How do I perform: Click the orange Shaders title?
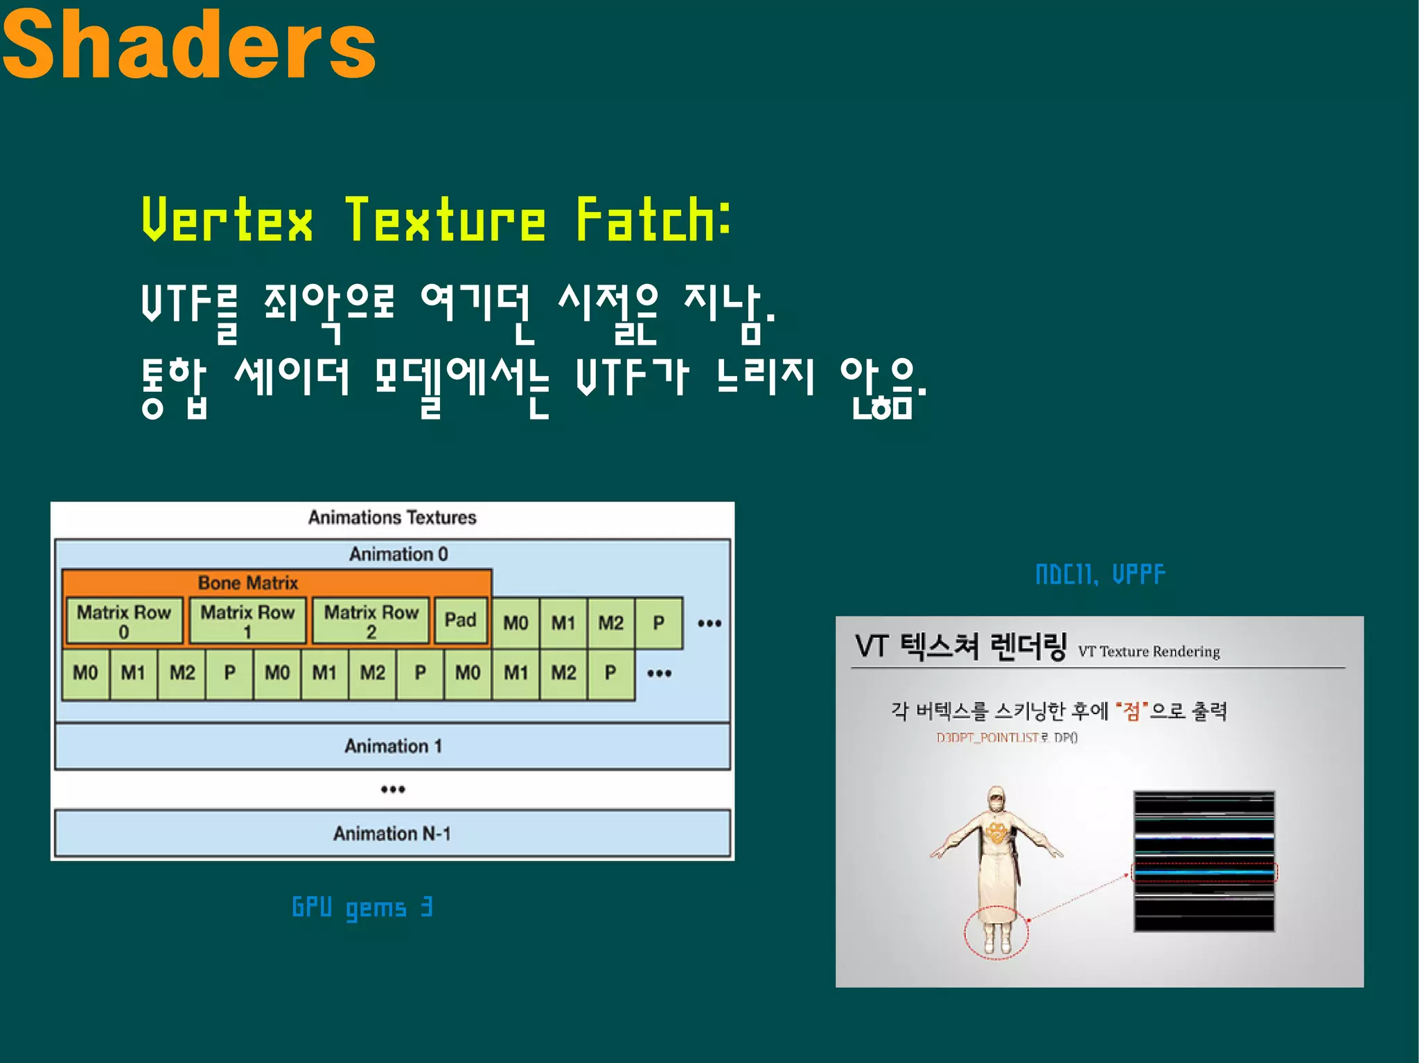coord(188,46)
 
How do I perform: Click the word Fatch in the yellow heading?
coord(651,220)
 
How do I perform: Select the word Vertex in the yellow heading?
coord(227,220)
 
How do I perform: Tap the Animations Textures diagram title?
coord(392,517)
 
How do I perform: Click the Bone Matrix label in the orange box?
coord(248,582)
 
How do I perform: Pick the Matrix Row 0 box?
coord(124,621)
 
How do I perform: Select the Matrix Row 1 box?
coord(247,621)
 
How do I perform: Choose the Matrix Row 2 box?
coord(371,621)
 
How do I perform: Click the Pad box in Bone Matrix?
coord(460,620)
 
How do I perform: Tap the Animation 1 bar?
coord(392,746)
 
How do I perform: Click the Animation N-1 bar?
coord(392,833)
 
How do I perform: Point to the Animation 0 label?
coord(398,554)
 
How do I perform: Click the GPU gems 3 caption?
coord(362,908)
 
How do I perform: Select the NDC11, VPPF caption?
coord(1100,574)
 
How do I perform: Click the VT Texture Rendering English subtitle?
coord(1149,652)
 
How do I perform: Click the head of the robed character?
coord(996,800)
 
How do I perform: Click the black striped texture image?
coord(1204,861)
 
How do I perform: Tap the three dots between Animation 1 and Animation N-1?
coord(392,789)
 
